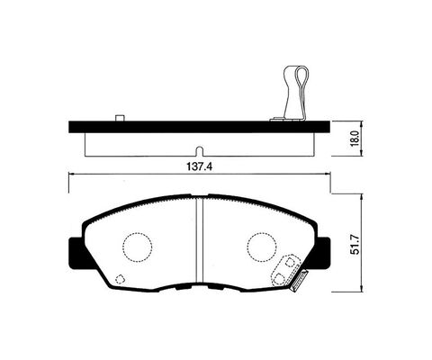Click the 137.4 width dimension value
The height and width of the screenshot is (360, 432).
tap(199, 166)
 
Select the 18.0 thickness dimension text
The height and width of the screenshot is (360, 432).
tap(355, 139)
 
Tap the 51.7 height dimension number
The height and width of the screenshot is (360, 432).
tap(355, 245)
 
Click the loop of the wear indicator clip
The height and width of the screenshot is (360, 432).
tap(302, 76)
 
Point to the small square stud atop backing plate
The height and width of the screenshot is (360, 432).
tap(120, 118)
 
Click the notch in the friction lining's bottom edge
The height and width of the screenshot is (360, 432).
tap(199, 151)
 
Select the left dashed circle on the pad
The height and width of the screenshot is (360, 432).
tap(137, 247)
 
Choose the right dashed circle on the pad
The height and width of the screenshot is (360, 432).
tap(262, 247)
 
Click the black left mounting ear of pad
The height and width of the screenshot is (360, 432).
tap(76, 254)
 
